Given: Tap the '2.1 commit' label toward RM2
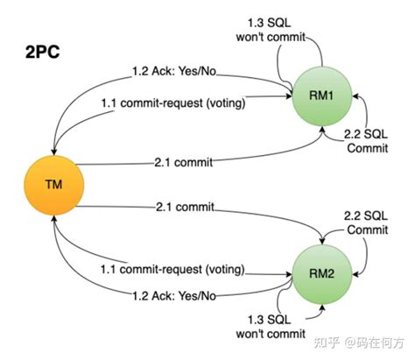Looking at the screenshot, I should pos(181,208).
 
